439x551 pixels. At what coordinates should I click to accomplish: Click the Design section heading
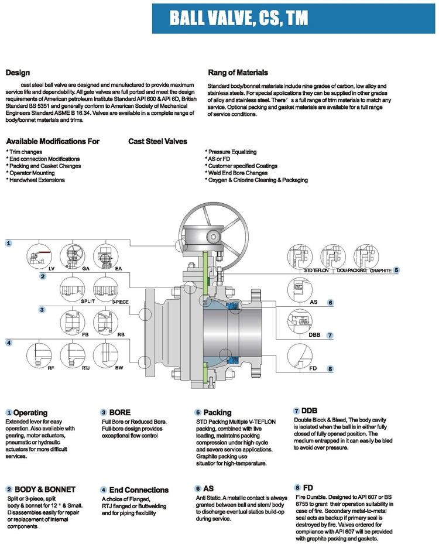18,73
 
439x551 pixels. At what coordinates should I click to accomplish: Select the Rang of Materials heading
238,73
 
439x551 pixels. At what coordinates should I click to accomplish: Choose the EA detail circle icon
109,257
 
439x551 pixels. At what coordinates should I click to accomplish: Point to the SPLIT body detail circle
75,289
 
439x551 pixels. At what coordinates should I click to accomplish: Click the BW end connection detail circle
109,354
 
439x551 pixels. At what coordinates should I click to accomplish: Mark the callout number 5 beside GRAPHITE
396,270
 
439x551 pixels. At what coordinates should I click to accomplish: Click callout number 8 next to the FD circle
330,368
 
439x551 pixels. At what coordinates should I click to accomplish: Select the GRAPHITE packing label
379,271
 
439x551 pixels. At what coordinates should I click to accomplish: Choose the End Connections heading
139,490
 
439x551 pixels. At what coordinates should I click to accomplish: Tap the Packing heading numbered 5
217,412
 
